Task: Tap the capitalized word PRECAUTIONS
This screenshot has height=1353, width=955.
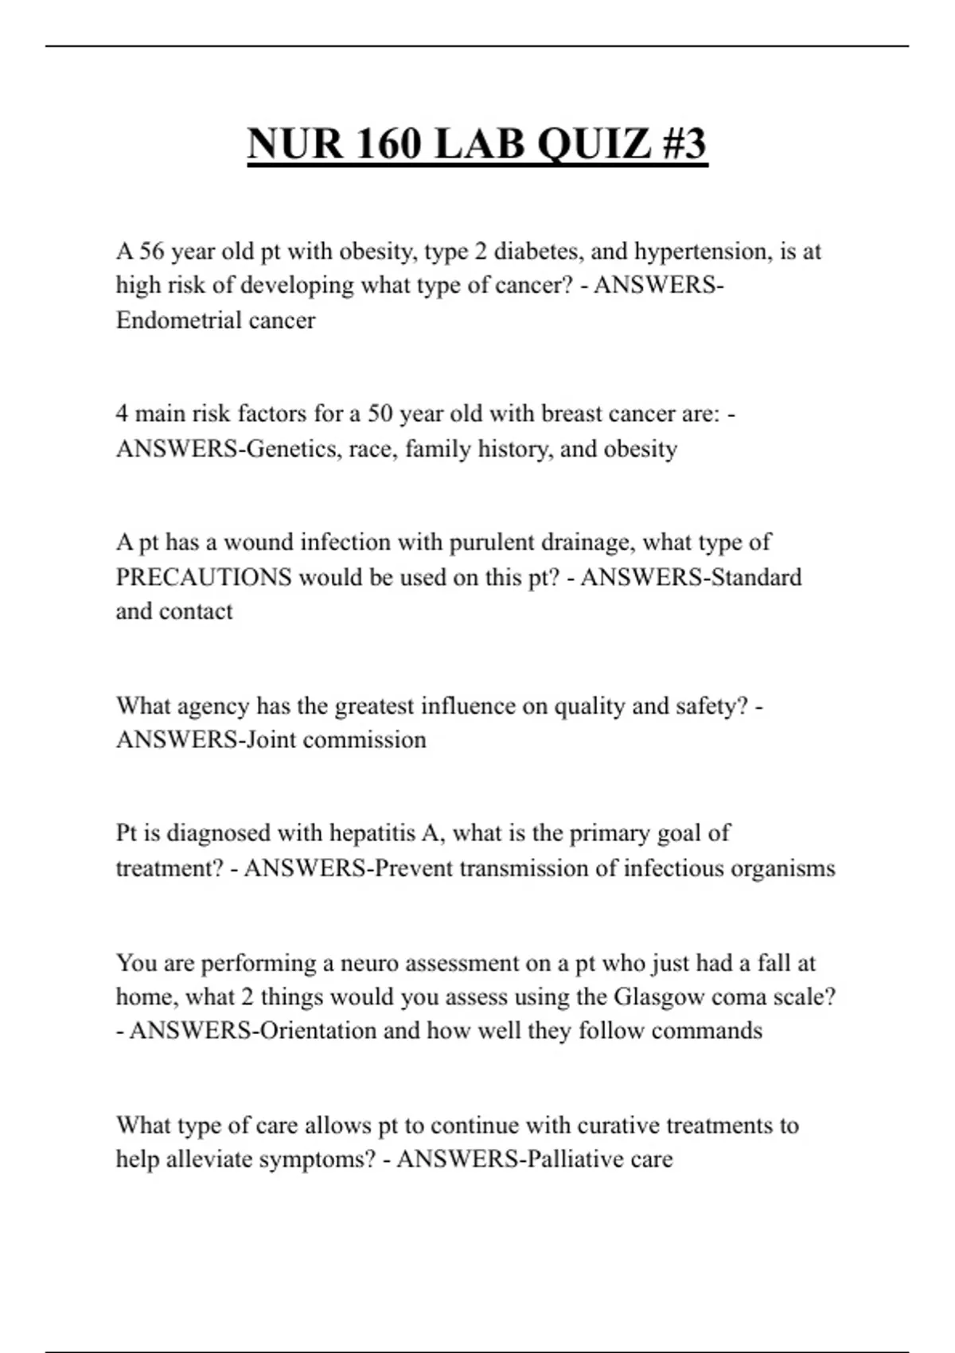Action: click(204, 577)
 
